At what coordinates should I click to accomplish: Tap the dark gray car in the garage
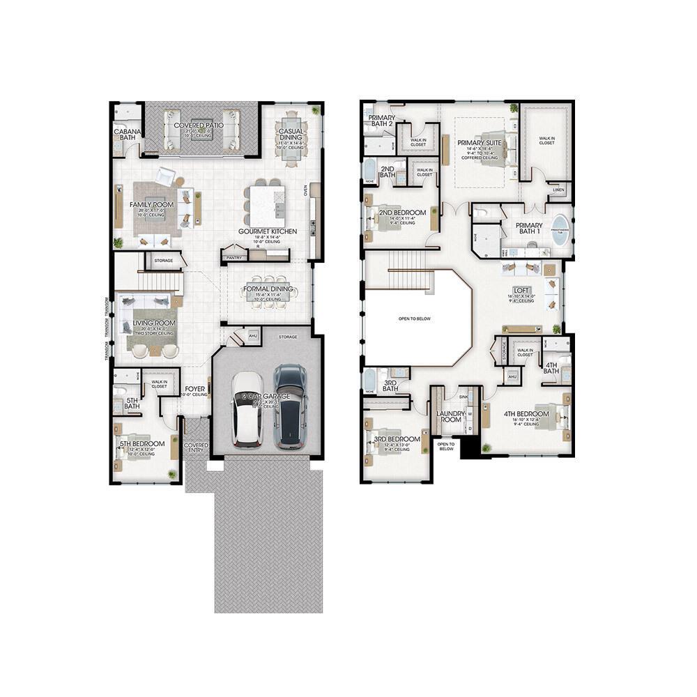coord(289,407)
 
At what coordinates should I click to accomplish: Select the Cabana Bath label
coord(128,134)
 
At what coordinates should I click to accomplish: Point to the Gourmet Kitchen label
coord(268,231)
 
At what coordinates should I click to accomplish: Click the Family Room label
coord(151,205)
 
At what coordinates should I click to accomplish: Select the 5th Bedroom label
coord(142,444)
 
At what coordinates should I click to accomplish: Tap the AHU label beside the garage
coord(252,336)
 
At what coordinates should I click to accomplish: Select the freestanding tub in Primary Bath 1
coord(560,233)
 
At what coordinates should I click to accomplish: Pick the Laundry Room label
coord(450,416)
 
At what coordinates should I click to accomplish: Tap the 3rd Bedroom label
coord(397,439)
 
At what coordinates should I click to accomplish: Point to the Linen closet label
coord(558,190)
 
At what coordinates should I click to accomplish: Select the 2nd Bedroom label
coord(402,213)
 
